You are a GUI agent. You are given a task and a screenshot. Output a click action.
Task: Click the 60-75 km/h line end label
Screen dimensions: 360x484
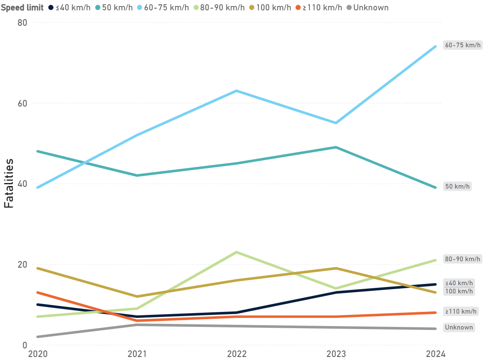463,45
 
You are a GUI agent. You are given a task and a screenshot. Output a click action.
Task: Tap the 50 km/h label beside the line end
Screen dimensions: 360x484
457,187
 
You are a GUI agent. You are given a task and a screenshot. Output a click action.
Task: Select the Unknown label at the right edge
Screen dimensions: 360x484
459,327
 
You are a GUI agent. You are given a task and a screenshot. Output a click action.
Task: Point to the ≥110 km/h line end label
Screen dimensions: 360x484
459,311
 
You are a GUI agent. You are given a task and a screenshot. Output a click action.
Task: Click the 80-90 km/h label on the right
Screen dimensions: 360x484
463,259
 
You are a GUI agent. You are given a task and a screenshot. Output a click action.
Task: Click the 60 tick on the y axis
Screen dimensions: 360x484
22,103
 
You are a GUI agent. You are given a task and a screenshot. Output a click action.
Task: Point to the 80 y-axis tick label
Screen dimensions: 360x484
22,22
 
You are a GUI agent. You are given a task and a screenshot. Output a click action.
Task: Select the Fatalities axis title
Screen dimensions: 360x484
9,183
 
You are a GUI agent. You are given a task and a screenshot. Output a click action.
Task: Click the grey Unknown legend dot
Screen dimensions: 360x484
349,7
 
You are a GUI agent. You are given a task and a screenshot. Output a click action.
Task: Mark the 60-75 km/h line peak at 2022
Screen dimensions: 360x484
236,91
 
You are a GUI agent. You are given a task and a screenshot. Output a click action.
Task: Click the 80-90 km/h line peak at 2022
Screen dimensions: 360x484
236,252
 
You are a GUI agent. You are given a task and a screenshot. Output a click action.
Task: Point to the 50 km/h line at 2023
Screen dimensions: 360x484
336,147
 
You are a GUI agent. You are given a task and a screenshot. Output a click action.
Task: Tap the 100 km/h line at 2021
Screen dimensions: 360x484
137,296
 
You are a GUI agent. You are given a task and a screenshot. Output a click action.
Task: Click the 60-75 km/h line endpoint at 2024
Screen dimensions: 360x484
435,46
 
